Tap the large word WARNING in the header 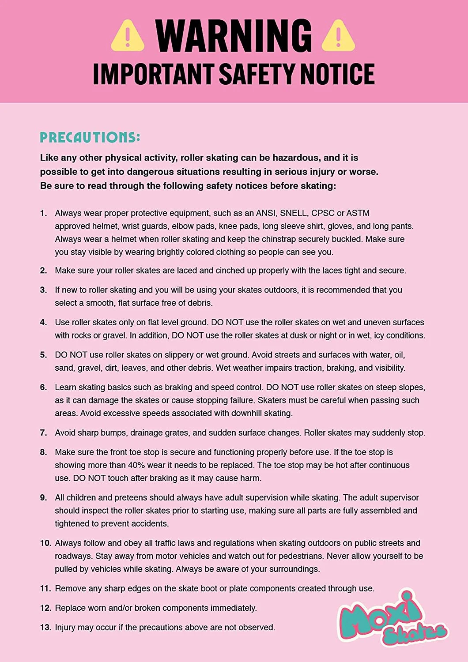(x=234, y=35)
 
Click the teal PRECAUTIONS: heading (x=90, y=137)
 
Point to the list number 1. (x=43, y=213)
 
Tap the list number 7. (x=43, y=433)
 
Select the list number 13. (x=46, y=628)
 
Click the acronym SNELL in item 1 (x=293, y=213)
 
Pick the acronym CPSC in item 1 (x=323, y=213)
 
